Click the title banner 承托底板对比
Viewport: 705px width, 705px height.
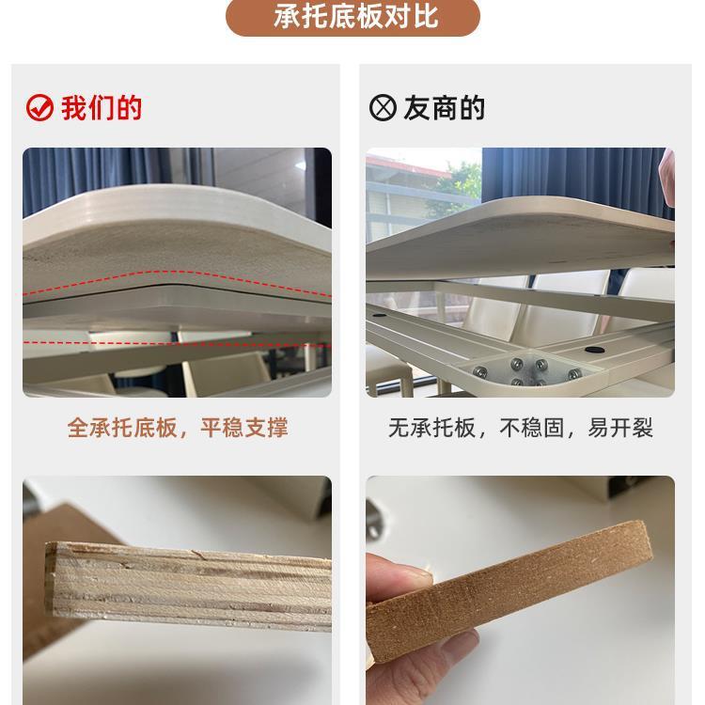352,17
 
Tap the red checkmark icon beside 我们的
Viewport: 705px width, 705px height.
39,108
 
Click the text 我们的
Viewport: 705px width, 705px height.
102,108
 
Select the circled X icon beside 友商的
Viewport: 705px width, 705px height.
383,108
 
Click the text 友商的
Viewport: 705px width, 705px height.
444,108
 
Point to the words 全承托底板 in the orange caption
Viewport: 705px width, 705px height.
122,429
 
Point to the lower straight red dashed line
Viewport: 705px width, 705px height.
179,337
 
